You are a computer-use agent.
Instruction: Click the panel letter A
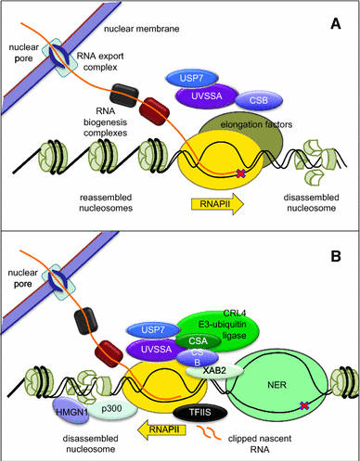(341, 18)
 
